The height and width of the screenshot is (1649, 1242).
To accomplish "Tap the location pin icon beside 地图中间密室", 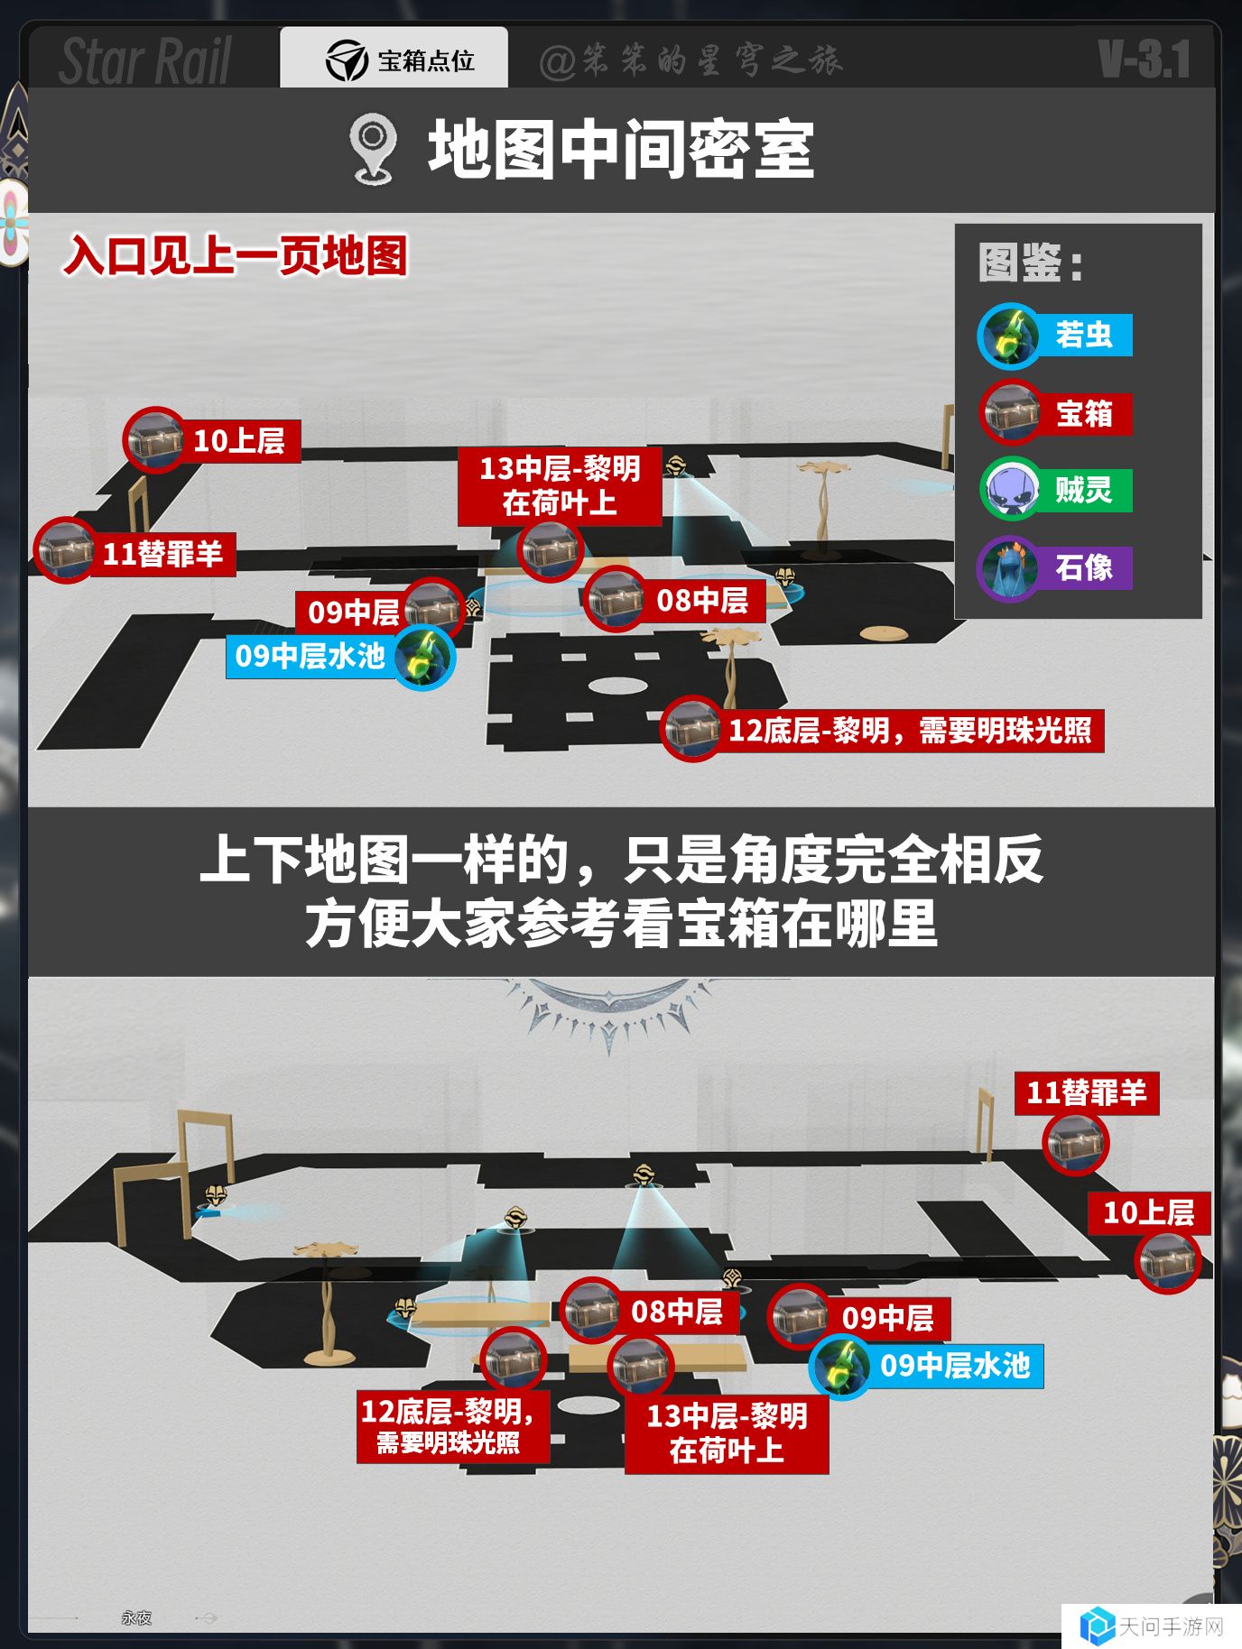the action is (x=373, y=149).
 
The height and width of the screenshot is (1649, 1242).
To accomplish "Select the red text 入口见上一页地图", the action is (x=236, y=256).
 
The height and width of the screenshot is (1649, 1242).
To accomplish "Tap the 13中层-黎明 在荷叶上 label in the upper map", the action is (x=560, y=486).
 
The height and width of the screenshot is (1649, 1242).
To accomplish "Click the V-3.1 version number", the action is (x=1145, y=60).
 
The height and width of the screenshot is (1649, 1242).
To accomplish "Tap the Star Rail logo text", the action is (x=145, y=60).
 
